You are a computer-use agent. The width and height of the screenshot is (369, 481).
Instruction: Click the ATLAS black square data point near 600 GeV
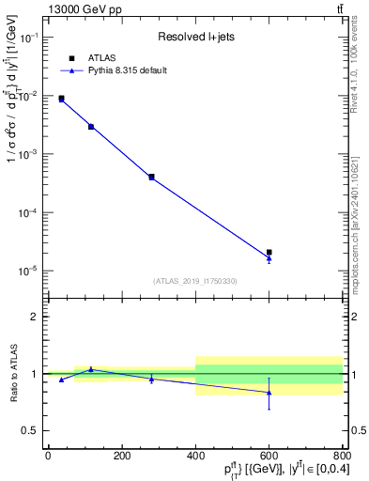[x=269, y=253]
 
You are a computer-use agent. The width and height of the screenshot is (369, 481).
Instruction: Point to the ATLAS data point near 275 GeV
[x=151, y=176]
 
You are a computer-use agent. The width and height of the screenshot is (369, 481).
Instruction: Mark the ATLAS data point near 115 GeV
[x=91, y=126]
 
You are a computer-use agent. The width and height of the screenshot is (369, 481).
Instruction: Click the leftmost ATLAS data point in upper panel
[x=61, y=98]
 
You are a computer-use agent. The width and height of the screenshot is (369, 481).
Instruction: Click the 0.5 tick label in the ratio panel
[x=30, y=430]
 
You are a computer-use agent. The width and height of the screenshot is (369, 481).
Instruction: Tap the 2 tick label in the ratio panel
[x=35, y=317]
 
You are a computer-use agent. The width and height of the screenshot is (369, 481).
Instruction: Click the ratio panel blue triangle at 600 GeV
[x=269, y=392]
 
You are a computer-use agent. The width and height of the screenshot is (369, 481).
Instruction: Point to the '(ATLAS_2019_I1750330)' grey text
[x=195, y=281]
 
